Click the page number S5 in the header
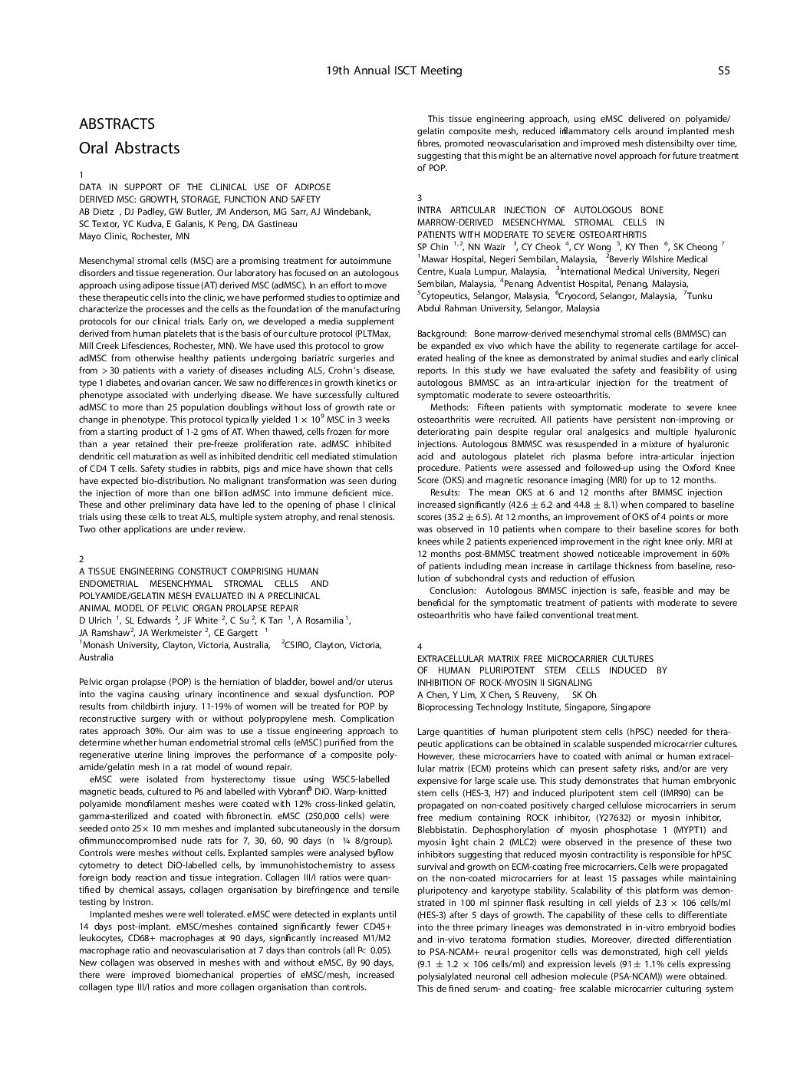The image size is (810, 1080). pyautogui.click(x=723, y=71)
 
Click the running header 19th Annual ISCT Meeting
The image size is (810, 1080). pyautogui.click(x=393, y=71)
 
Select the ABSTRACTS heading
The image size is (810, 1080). pyautogui.click(x=117, y=124)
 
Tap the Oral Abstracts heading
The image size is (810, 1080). pyautogui.click(x=129, y=148)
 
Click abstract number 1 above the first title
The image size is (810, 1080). pyautogui.click(x=82, y=175)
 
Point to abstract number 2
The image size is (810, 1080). pyautogui.click(x=82, y=559)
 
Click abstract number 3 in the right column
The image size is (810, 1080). pyautogui.click(x=420, y=198)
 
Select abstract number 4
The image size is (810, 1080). pyautogui.click(x=420, y=647)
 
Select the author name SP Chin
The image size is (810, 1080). pyautogui.click(x=432, y=247)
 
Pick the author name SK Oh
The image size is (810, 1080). pyautogui.click(x=584, y=695)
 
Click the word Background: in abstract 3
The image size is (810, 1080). pyautogui.click(x=442, y=334)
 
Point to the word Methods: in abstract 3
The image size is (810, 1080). pyautogui.click(x=449, y=407)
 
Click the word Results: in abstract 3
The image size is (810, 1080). pyautogui.click(x=446, y=492)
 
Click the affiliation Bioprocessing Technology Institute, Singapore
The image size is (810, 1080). pyautogui.click(x=533, y=707)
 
